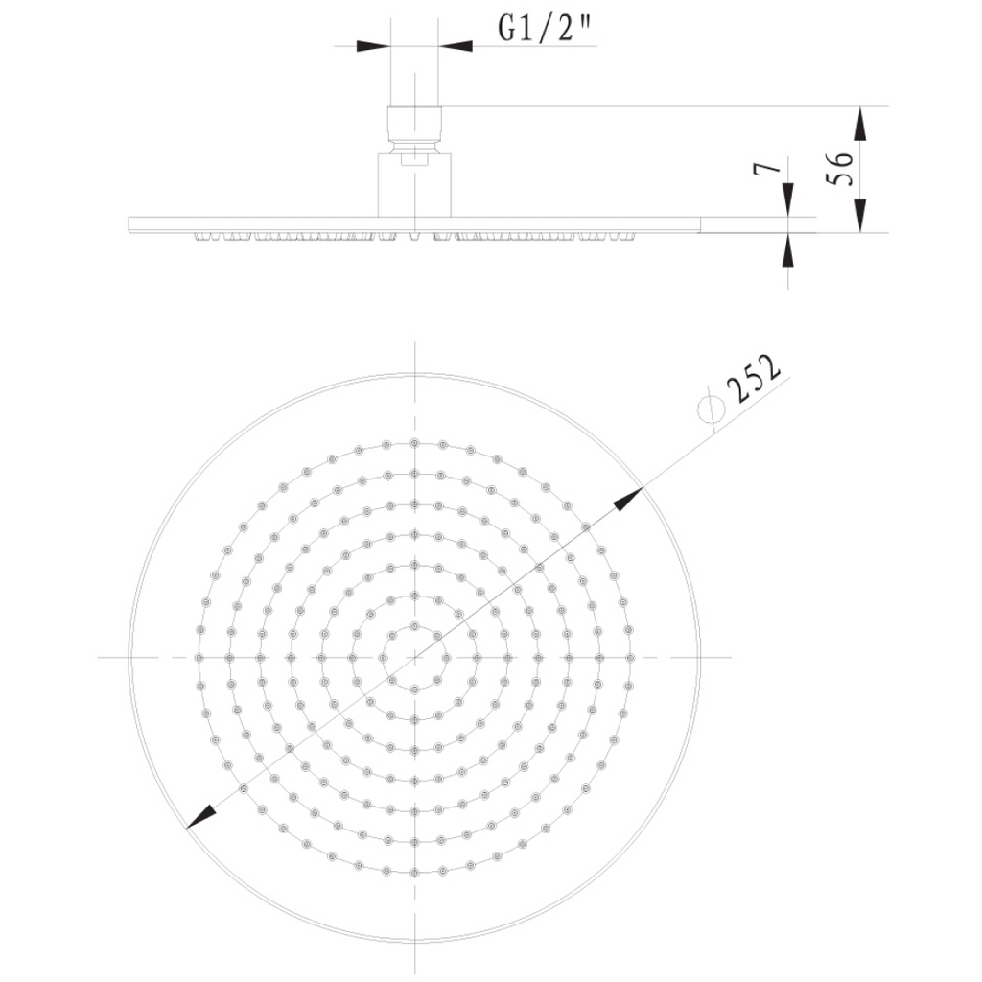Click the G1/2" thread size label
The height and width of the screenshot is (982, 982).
tap(544, 28)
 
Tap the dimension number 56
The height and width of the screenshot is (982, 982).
tap(840, 168)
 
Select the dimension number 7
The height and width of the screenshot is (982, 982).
tap(768, 169)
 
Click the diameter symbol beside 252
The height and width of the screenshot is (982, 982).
tap(712, 409)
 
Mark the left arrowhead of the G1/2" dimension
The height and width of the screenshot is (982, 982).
tap(373, 46)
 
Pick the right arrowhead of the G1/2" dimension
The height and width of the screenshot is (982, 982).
tap(456, 46)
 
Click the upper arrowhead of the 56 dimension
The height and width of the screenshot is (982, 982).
tap(861, 124)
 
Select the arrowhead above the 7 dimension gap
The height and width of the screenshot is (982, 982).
tap(788, 199)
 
